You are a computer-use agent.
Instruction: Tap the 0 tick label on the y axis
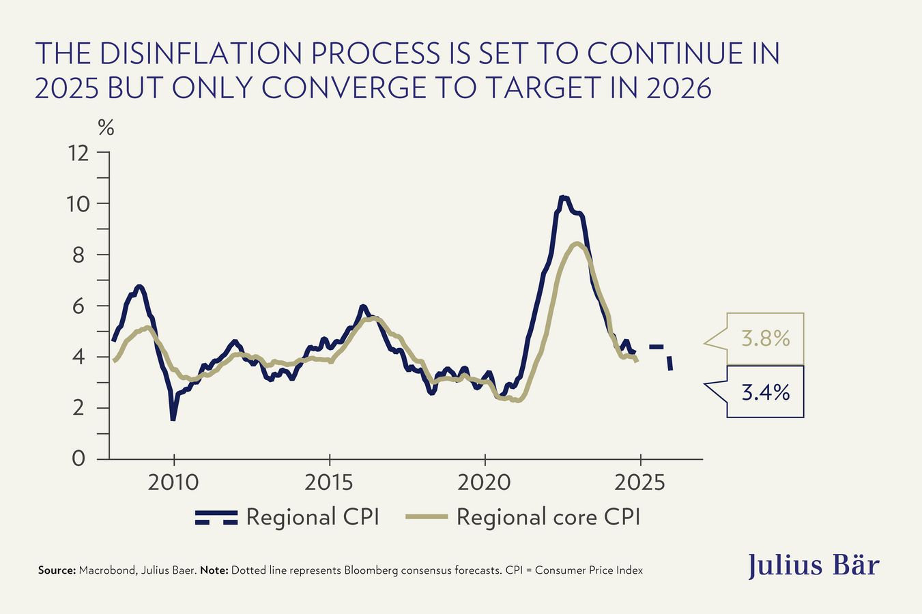79,458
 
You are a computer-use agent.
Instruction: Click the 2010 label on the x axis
174,482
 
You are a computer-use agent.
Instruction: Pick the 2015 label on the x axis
329,482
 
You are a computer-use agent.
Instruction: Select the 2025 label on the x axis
639,482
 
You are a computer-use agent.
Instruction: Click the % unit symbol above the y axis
106,128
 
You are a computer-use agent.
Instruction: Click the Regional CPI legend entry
287,517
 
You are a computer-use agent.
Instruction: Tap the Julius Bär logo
813,566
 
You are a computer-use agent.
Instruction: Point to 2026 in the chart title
675,87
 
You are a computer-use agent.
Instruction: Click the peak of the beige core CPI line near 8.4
577,244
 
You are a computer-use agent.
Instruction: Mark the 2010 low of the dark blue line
173,418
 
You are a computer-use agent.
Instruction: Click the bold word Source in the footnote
57,570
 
